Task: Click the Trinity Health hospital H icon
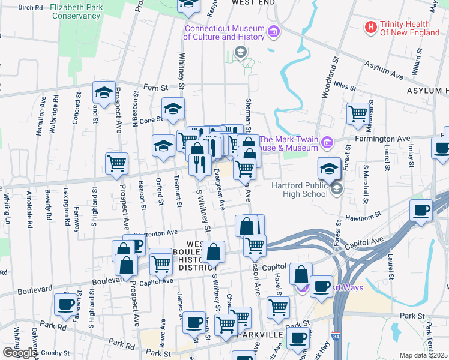[x=371, y=27]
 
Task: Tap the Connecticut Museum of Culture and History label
[x=224, y=32]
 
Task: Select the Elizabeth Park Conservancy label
[x=75, y=11]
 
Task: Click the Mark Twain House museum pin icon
[x=327, y=142]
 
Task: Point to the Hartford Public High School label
[x=300, y=189]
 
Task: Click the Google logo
[x=19, y=353]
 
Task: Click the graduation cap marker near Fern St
[x=103, y=93]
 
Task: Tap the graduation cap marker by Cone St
[x=173, y=109]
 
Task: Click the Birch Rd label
[x=31, y=8]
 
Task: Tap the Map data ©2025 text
[x=424, y=355]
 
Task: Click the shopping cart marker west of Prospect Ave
[x=117, y=162]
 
